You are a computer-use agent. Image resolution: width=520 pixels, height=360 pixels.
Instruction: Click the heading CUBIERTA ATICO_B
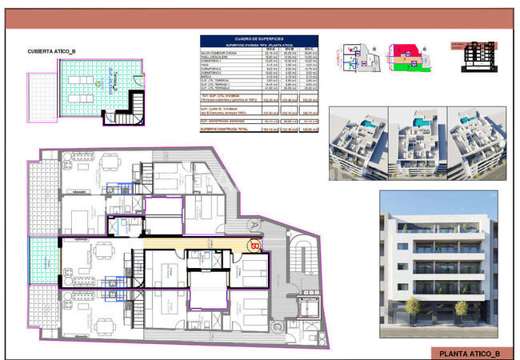click(x=52, y=52)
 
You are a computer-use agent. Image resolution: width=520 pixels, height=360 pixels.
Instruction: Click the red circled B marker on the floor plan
click(x=255, y=246)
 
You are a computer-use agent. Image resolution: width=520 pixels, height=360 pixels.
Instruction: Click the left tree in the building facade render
click(x=409, y=307)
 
